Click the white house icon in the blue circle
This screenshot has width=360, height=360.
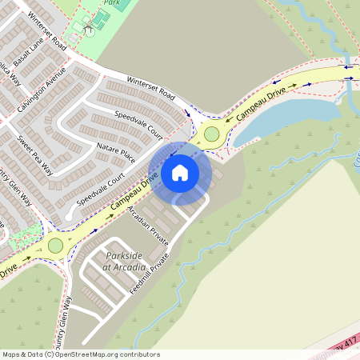click(x=179, y=172)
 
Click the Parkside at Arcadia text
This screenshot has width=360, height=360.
click(x=124, y=260)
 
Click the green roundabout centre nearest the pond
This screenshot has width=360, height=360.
click(x=212, y=134)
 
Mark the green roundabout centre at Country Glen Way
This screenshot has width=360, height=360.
click(x=55, y=245)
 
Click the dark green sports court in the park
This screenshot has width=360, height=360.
click(x=102, y=17)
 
